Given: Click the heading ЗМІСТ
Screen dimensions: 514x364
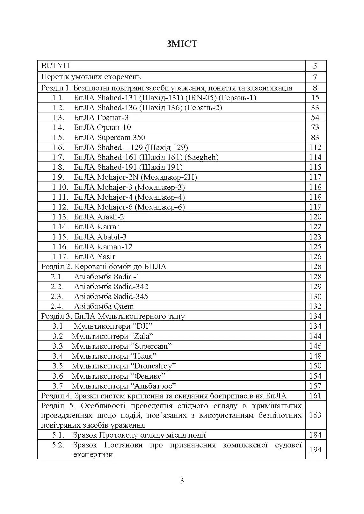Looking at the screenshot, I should click(182, 44).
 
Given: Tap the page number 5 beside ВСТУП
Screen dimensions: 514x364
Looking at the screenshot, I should click(315, 66).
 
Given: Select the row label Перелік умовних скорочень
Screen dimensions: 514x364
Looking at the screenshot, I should click(91, 77).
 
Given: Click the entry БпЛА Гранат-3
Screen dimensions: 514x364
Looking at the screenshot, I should click(101, 118).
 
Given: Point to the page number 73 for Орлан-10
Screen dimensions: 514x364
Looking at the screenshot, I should click(315, 127).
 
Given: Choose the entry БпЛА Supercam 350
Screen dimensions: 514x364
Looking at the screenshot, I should click(109, 138).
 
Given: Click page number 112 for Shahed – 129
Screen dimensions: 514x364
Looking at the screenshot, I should click(315, 147).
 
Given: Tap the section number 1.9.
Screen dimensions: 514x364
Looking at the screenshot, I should click(58, 177).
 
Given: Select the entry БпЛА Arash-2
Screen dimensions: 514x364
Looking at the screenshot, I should click(99, 217).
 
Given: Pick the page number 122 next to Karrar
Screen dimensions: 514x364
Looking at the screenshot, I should click(315, 227).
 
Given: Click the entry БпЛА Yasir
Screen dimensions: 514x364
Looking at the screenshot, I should click(94, 257).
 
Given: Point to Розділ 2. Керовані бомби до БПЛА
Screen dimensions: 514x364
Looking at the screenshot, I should click(104, 267).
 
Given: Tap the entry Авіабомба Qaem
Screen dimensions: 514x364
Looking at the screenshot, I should click(104, 306).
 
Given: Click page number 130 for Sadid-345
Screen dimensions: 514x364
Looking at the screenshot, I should click(315, 296).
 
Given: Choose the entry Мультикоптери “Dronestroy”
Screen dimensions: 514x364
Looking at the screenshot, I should click(124, 366).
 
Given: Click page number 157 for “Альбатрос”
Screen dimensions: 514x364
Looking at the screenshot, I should click(315, 386).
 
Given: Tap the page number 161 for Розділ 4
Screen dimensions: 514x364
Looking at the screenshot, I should click(315, 396).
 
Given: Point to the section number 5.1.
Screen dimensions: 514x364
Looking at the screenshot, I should click(58, 435).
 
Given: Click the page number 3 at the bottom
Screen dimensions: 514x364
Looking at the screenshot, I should click(182, 481).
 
